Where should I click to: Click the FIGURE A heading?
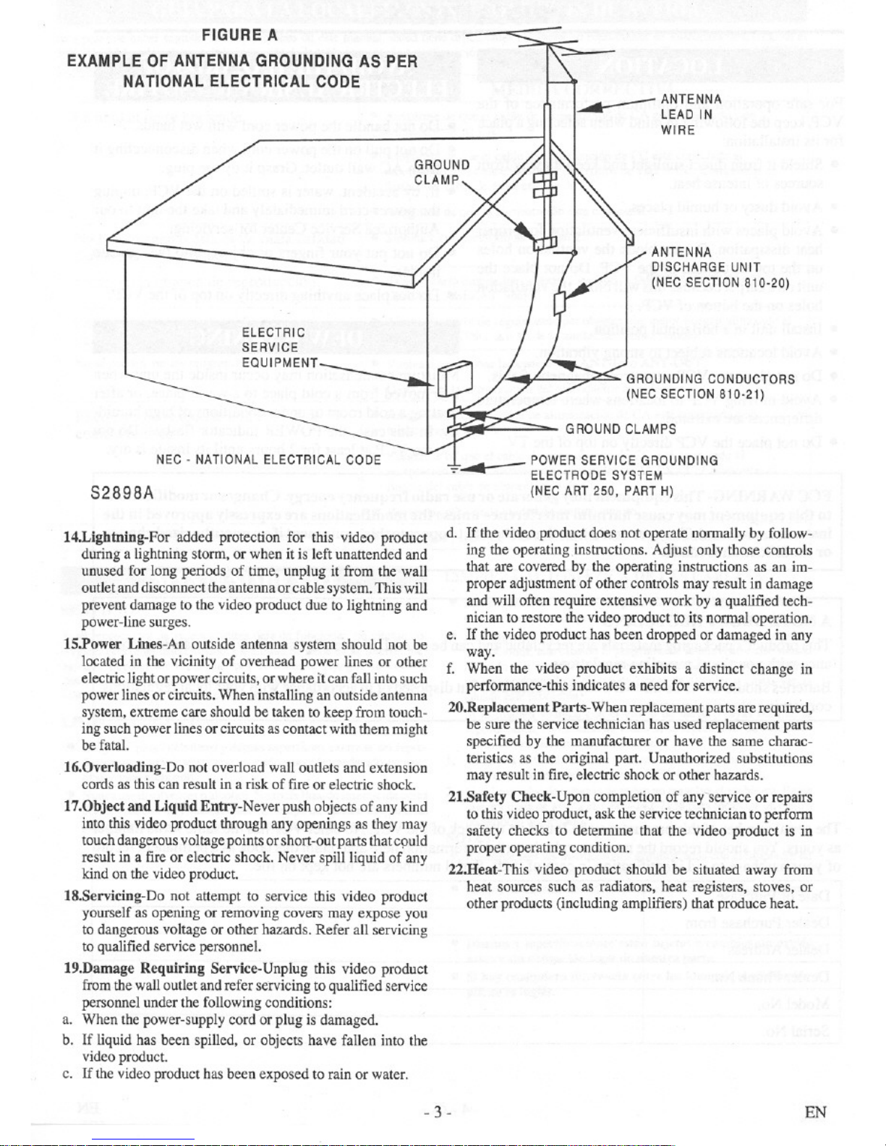(x=239, y=34)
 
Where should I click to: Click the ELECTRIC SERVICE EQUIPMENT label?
(x=279, y=348)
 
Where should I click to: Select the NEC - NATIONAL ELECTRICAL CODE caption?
(x=268, y=459)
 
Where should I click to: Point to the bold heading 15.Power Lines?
(x=125, y=644)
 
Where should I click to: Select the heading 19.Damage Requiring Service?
(x=172, y=969)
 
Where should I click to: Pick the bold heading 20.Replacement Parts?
(x=517, y=708)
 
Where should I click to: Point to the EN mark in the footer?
(x=815, y=1112)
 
